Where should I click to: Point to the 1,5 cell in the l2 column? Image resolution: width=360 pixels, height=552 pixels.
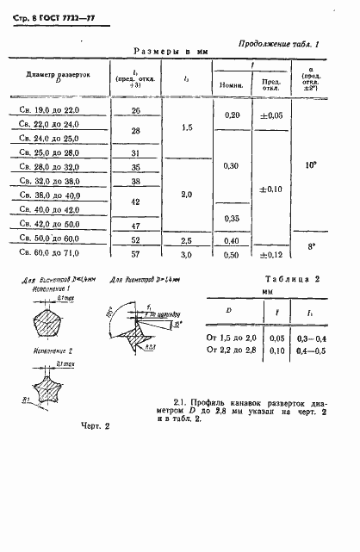point(187,127)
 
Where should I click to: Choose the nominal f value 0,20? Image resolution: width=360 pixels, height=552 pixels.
point(231,115)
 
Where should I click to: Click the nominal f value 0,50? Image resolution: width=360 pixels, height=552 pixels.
point(231,256)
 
